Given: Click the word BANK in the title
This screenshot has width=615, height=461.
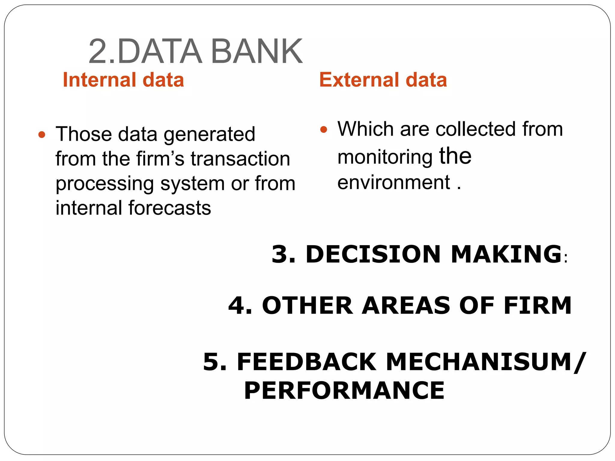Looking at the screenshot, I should [x=257, y=51].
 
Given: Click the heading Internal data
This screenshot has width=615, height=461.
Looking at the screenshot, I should [x=123, y=80].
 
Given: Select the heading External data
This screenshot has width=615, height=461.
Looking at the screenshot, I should [x=383, y=80].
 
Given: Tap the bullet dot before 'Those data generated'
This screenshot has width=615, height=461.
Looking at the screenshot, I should [x=42, y=134].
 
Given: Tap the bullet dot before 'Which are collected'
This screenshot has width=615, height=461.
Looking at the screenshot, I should [x=323, y=130].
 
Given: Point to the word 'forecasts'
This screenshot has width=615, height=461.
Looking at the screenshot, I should [x=170, y=208].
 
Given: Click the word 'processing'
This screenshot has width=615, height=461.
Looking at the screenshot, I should [x=105, y=184].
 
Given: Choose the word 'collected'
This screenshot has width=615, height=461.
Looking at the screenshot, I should [x=476, y=129].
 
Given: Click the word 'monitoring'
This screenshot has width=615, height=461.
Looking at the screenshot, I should [x=385, y=157].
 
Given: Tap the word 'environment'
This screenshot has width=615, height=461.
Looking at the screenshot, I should [x=394, y=182].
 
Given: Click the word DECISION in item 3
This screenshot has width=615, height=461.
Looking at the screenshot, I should [x=373, y=254].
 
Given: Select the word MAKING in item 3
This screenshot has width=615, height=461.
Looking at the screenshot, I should [x=506, y=254].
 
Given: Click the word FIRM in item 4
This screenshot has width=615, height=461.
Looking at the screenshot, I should [x=538, y=306].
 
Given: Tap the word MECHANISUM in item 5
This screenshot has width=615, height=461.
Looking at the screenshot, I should [x=479, y=362].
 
